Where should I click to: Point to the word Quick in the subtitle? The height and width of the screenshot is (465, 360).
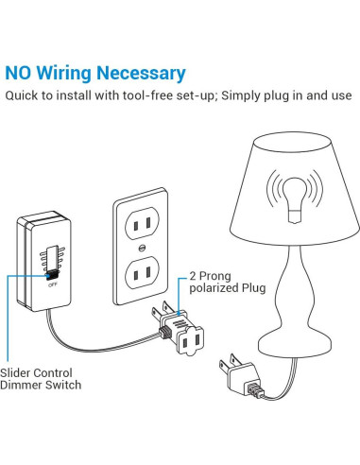(24, 96)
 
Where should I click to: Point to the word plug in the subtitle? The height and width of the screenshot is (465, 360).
(281, 96)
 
